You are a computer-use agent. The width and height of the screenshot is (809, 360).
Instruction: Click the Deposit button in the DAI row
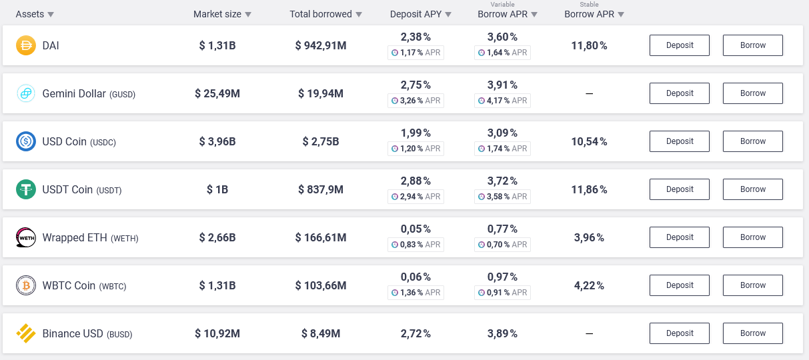[x=679, y=45]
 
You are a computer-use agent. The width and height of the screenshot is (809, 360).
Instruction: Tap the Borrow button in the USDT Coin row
[x=752, y=189]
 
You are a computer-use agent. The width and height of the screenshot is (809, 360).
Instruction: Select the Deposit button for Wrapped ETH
[x=679, y=237]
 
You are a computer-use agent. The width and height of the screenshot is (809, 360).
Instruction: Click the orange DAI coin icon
[x=26, y=45]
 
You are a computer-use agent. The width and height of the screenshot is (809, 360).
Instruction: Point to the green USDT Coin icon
[x=26, y=189]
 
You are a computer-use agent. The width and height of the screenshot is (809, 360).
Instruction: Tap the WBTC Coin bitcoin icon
[x=26, y=285]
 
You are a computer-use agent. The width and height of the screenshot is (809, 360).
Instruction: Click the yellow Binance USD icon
[x=26, y=333]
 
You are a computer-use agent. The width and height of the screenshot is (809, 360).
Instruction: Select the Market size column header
[x=217, y=14]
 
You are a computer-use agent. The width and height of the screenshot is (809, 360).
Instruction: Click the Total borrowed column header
[x=321, y=14]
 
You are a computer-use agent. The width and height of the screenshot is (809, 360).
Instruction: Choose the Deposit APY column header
[x=416, y=14]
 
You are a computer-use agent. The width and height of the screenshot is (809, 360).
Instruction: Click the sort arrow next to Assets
[x=51, y=15]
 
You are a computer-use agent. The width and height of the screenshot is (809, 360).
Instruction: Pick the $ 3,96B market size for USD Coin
[x=217, y=141]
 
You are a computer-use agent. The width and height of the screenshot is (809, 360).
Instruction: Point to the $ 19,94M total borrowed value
[x=321, y=93]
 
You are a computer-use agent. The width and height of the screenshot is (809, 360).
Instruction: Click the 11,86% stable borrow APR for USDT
[x=589, y=189]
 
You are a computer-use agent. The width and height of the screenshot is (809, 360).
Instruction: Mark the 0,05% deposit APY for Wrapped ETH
[x=416, y=229]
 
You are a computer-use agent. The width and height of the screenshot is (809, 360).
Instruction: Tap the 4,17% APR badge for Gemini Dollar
[x=502, y=101]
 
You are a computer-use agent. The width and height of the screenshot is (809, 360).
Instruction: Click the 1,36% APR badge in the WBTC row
[x=416, y=293]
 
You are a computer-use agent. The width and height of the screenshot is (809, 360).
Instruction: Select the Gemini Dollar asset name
[x=74, y=93]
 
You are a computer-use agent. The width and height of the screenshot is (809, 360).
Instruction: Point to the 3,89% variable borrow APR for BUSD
[x=502, y=333]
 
